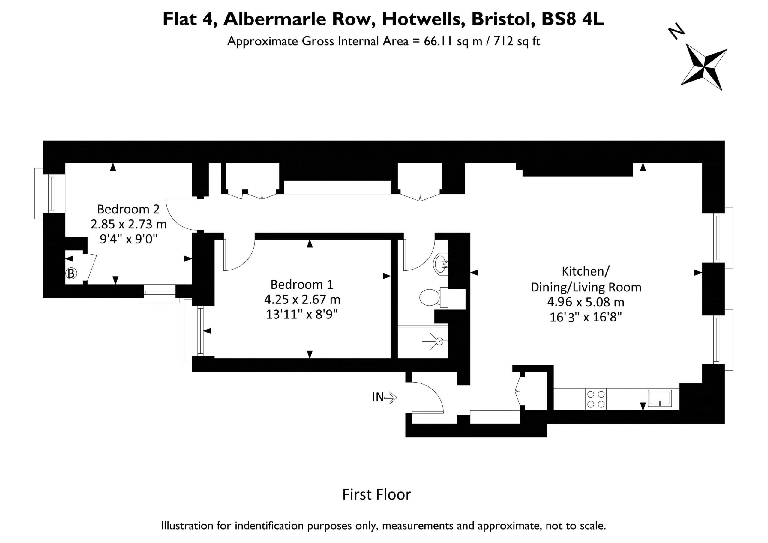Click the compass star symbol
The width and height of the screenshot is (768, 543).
pos(704,67)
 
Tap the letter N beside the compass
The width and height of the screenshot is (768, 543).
pos(676,31)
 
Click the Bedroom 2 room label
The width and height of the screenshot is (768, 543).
pos(128,209)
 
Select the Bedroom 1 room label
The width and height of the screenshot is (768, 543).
pos(302,285)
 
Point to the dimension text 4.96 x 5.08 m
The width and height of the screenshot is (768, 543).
pos(586,302)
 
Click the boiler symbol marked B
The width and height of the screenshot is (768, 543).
pos(71,273)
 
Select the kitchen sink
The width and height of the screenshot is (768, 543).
pos(660,398)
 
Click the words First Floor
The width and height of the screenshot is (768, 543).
pos(376,494)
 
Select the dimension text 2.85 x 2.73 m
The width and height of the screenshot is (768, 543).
pos(128,224)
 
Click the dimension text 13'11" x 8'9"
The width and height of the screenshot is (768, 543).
pos(302,314)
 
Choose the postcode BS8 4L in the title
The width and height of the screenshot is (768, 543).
pos(573,19)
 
